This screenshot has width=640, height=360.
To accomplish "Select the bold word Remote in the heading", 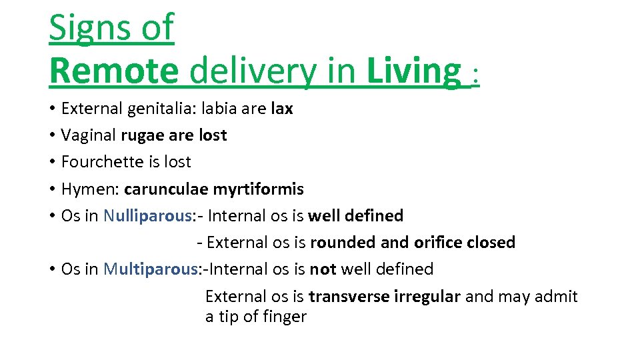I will (113, 71).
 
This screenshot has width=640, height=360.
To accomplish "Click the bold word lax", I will (282, 109).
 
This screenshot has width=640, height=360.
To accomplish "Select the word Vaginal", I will (88, 135).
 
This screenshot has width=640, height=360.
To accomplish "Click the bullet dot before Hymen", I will (52, 189).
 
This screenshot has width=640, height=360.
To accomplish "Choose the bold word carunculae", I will (165, 189).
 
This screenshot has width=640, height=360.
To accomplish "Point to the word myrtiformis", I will (258, 189).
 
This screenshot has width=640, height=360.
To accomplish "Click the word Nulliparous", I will (146, 216).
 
